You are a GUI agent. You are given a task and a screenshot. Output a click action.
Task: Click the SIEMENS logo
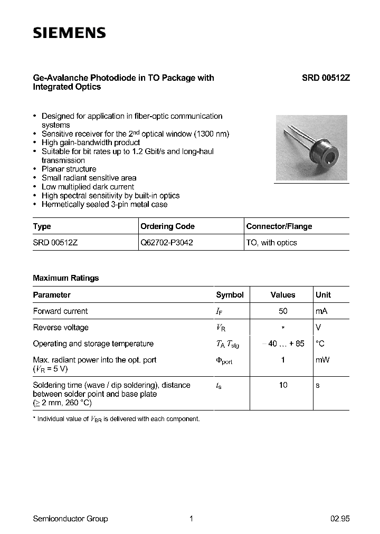[x=69, y=33]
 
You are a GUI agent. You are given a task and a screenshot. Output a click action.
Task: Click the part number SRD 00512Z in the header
[x=326, y=78]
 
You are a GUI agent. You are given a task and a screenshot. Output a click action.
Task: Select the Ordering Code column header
[x=167, y=226]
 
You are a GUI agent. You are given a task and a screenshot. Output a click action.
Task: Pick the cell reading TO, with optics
[x=272, y=243]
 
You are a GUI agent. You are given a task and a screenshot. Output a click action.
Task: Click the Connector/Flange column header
[x=279, y=226]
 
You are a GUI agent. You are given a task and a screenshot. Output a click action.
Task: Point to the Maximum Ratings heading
[x=65, y=278]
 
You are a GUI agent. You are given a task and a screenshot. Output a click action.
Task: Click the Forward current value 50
[x=283, y=311]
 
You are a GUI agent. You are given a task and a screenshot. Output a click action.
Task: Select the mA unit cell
[x=321, y=311]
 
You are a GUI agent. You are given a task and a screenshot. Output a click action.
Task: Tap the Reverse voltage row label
[x=61, y=328]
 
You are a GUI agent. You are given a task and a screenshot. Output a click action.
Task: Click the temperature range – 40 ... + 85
[x=283, y=344]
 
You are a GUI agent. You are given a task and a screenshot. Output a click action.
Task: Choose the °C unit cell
[x=320, y=344]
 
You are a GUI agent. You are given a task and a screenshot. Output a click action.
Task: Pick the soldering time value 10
[x=283, y=385]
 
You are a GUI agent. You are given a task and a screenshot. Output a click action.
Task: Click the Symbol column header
[x=230, y=295]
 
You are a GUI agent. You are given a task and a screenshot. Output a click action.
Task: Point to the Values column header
[x=283, y=295]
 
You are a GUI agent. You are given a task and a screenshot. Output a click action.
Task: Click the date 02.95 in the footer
[x=340, y=519]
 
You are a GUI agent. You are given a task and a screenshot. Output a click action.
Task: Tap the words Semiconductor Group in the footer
[x=70, y=519]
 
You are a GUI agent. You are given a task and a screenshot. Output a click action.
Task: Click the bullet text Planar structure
[x=69, y=169]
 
